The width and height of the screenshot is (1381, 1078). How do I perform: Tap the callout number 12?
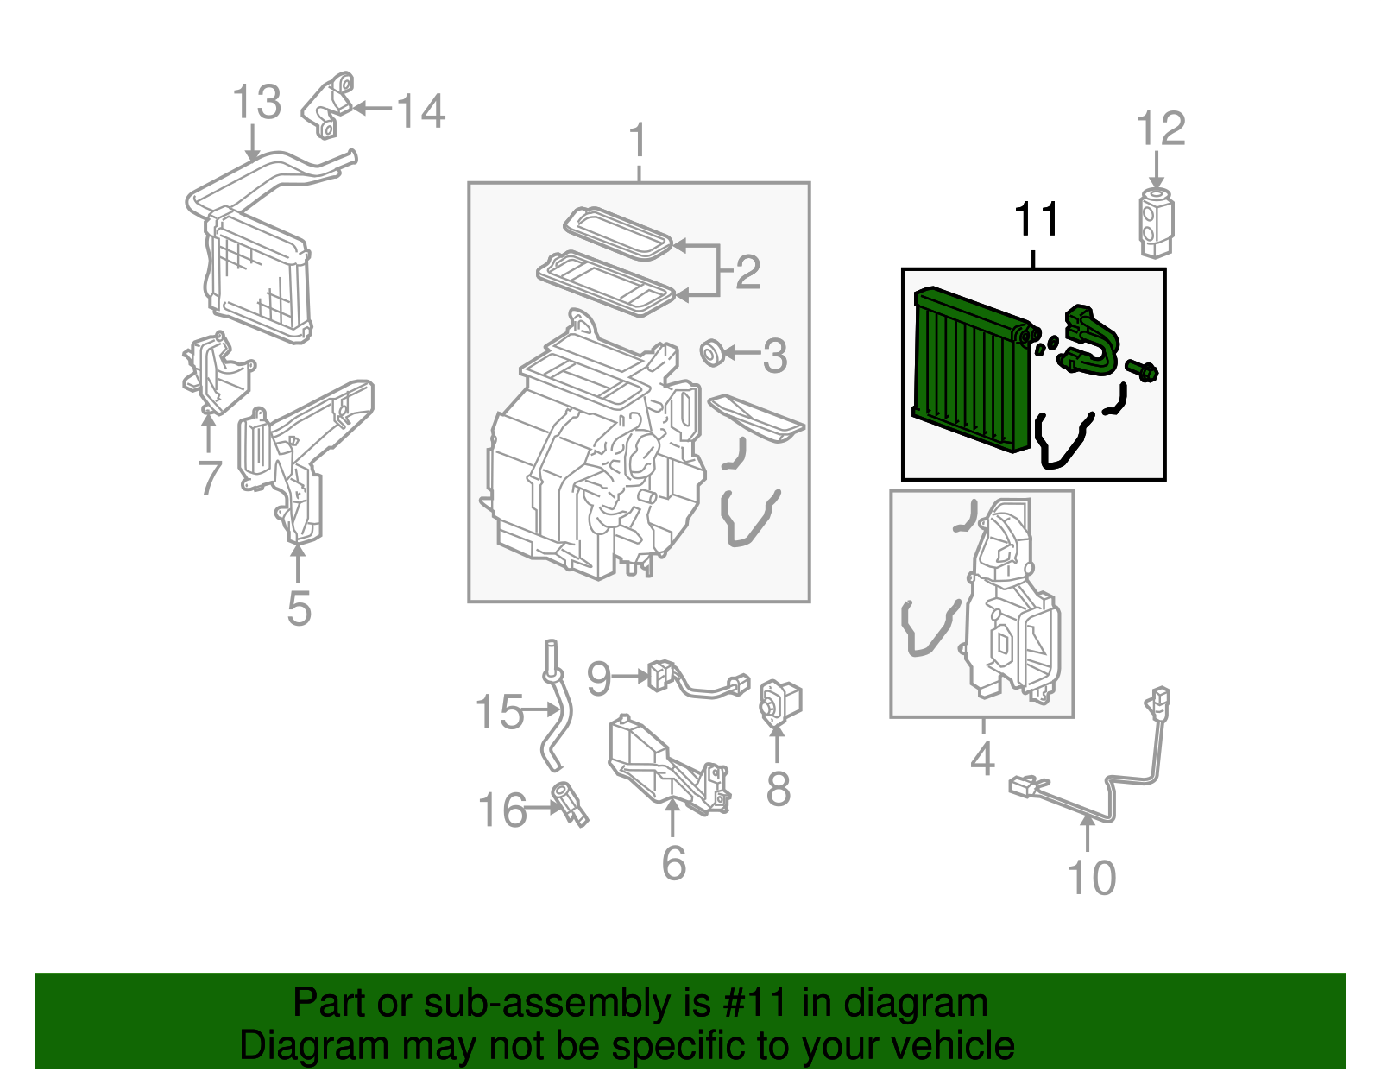1161,129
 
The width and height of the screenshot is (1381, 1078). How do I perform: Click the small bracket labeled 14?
330,105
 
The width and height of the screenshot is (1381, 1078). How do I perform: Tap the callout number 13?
256,102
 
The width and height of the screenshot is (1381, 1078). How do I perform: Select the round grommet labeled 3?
712,352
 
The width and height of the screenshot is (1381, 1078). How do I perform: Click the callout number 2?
747,272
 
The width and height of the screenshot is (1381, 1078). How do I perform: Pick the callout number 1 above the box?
638,141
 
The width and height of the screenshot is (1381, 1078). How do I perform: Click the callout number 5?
299,608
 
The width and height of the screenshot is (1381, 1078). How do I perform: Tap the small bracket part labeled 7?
211,371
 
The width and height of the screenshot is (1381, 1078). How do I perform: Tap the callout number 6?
673,863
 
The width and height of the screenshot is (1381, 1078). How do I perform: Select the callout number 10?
1092,878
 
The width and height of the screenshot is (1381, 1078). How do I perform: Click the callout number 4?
982,760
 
